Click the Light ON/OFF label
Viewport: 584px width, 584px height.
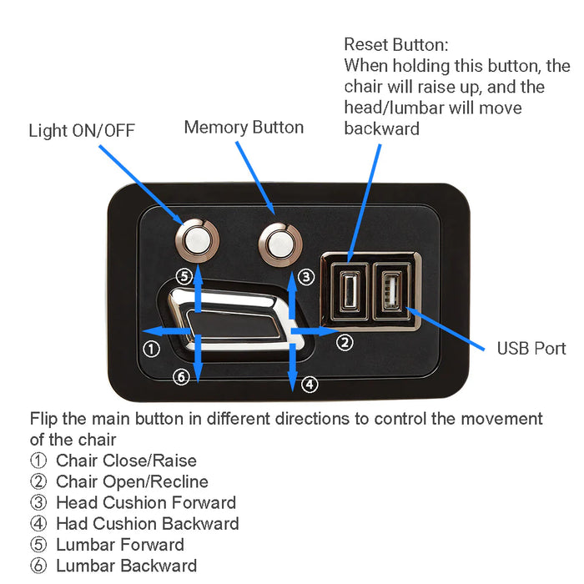click(81, 131)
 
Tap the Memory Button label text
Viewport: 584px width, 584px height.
click(244, 128)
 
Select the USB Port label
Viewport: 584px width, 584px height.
click(531, 349)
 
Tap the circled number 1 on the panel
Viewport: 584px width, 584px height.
click(151, 349)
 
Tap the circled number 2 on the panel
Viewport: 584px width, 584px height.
click(345, 340)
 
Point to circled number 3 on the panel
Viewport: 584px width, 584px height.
click(306, 276)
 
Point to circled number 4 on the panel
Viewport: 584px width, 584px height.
click(310, 385)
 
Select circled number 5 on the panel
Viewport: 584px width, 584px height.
click(184, 276)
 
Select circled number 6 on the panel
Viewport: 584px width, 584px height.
click(182, 378)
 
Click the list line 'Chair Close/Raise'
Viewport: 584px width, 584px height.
click(126, 461)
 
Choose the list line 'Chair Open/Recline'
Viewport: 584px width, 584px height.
click(132, 481)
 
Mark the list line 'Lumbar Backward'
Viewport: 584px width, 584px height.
click(126, 566)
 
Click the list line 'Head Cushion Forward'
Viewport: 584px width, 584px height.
click(145, 503)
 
